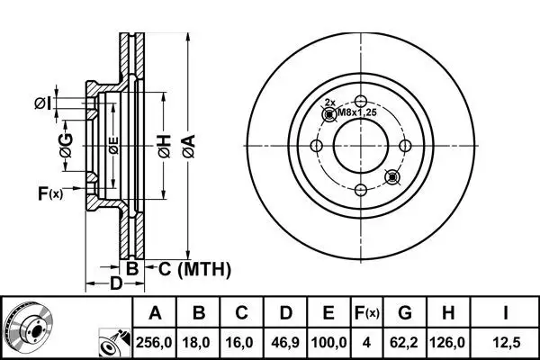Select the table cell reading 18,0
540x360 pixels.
click(200, 343)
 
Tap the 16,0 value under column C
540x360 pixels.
click(243, 343)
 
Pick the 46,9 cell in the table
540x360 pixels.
click(285, 343)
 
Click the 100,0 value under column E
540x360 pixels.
click(329, 343)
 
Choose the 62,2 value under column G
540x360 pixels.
click(405, 343)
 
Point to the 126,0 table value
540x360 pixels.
click(450, 343)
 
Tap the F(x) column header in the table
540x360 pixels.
click(366, 313)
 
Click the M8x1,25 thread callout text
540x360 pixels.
click(350, 112)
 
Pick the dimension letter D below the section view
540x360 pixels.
click(115, 285)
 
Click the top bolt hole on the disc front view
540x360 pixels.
click(360, 101)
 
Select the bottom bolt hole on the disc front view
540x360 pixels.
click(360, 189)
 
